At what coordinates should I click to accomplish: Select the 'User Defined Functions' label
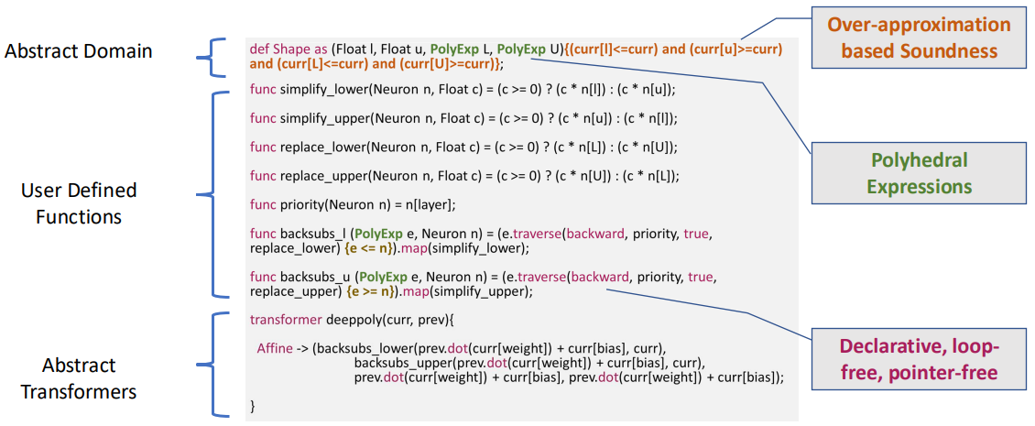pos(79,203)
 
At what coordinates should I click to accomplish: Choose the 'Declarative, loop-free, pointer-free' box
pos(919,360)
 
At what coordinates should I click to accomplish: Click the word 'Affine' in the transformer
pos(275,348)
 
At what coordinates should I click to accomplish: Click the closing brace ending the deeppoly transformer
pos(253,405)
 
